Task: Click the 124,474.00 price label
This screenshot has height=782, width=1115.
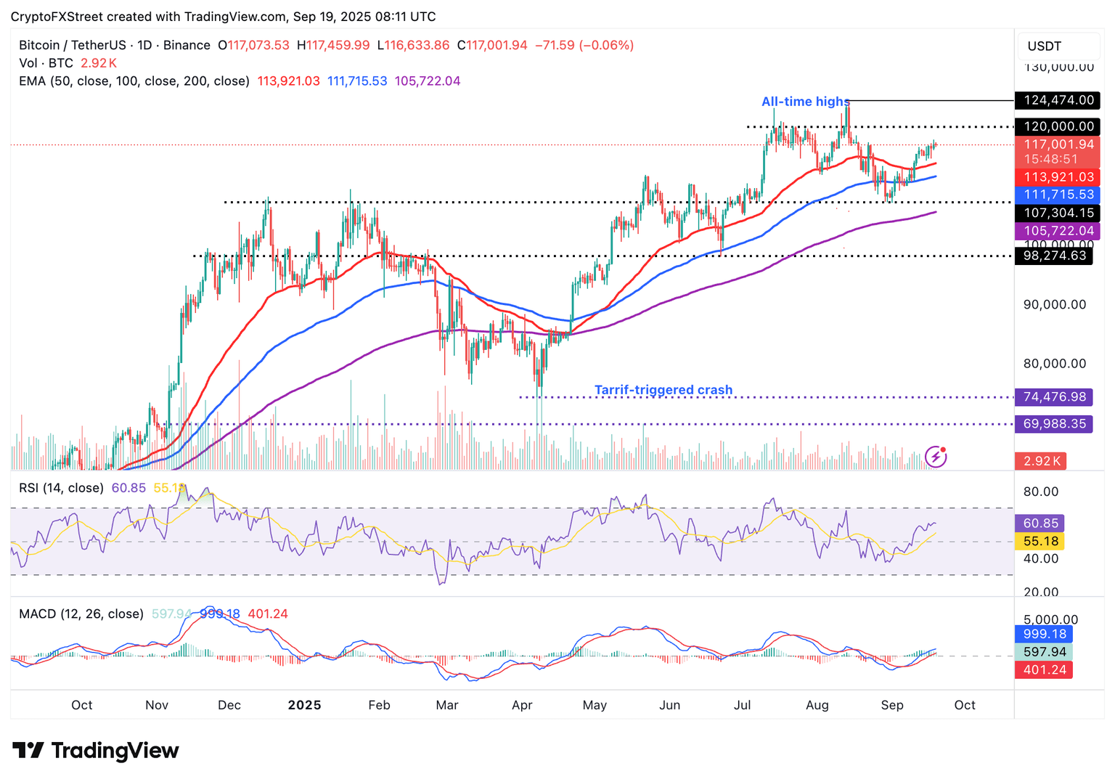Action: click(1058, 100)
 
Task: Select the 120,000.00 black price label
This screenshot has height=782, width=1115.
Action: click(1058, 126)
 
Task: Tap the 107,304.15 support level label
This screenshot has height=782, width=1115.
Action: click(1058, 213)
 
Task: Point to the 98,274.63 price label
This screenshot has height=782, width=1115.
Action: click(1054, 256)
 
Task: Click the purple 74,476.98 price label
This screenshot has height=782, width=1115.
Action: click(1054, 396)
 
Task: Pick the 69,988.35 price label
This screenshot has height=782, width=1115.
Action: click(1054, 423)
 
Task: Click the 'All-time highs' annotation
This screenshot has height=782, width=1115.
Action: click(805, 102)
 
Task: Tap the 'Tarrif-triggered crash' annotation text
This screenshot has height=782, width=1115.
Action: click(663, 390)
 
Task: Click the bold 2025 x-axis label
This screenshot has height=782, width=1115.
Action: click(304, 705)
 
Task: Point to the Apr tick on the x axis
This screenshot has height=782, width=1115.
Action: click(522, 705)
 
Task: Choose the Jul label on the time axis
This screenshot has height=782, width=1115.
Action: click(742, 705)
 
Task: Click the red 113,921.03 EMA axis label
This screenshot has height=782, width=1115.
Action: click(1058, 177)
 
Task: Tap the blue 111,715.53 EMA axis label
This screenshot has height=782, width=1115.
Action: click(1058, 195)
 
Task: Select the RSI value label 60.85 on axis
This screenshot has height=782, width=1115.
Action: click(1040, 523)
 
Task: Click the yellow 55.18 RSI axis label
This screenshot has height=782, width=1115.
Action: click(1040, 541)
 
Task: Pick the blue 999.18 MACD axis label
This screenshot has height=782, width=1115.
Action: click(1044, 634)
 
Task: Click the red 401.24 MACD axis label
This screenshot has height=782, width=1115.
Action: click(1044, 669)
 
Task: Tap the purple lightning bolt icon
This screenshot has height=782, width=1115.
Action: click(936, 457)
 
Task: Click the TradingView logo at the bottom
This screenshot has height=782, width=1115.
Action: click(96, 750)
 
